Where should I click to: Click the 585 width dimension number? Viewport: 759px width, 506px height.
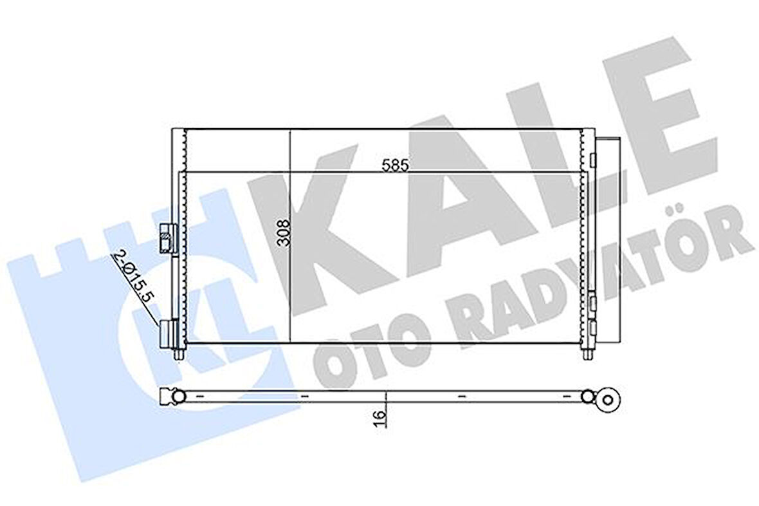tap(396, 165)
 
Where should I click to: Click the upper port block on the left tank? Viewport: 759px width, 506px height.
tap(166, 239)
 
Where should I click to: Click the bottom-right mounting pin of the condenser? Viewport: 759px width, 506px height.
tap(587, 355)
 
